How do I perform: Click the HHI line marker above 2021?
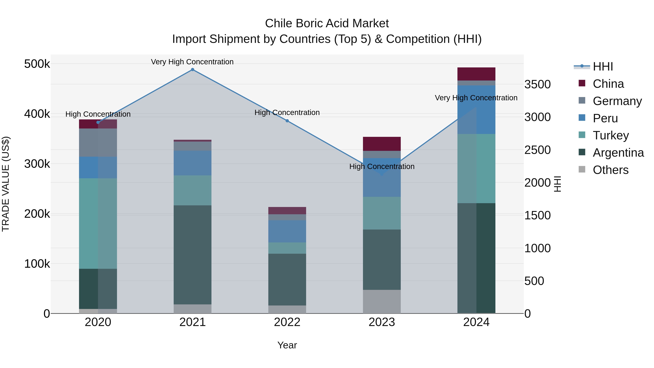pos(192,70)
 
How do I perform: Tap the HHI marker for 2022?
pos(287,121)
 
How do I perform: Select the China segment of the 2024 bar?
pos(476,74)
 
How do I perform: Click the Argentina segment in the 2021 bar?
pos(192,255)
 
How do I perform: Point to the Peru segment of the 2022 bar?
pos(287,231)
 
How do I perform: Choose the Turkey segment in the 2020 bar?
pos(98,224)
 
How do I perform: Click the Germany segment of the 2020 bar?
pos(98,142)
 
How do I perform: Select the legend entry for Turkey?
pos(611,135)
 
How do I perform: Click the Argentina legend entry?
pos(618,153)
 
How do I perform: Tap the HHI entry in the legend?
pos(603,67)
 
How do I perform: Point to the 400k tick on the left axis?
pos(37,114)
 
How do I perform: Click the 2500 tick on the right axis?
pos(538,150)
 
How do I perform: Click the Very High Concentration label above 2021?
pos(192,62)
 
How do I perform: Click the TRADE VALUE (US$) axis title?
pos(6,184)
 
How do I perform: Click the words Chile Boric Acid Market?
pos(327,23)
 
